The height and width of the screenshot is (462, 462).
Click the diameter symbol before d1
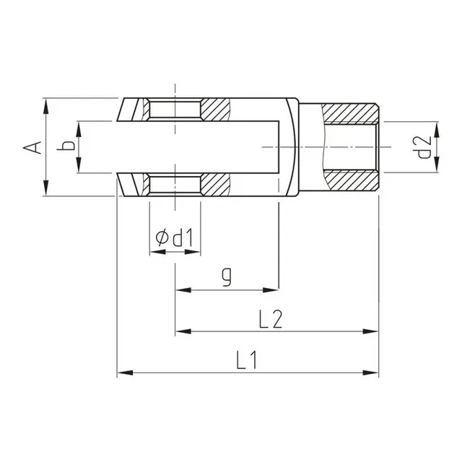click(162, 236)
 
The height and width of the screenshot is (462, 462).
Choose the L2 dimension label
click(269, 318)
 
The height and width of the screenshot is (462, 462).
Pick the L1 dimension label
click(248, 360)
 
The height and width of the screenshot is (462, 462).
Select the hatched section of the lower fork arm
click(216, 183)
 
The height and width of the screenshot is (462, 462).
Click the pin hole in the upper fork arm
click(174, 110)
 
